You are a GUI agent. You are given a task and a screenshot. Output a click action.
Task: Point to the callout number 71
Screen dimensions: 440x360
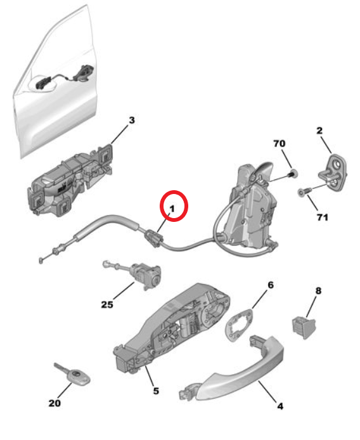pos(322,217)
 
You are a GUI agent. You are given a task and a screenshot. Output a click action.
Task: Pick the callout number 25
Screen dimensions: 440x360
pos(106,305)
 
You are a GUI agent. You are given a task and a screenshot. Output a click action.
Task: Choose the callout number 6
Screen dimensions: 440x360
pos(270,285)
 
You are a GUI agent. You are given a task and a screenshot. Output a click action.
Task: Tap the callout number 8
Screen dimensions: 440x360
pos(318,291)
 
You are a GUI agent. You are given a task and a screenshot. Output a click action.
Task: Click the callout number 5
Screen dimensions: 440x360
pos(156,391)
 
